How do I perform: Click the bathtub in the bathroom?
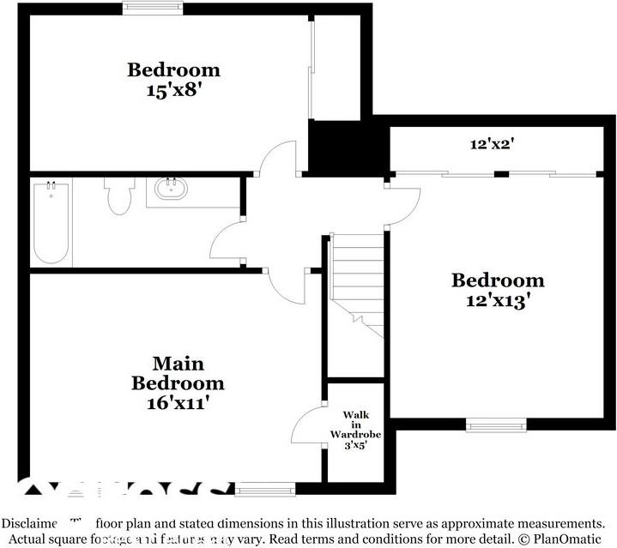tap(51, 223)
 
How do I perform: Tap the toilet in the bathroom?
tap(118, 196)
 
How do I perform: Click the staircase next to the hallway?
tap(354, 274)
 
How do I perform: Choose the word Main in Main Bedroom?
tap(178, 364)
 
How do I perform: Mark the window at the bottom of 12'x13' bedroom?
tap(495, 424)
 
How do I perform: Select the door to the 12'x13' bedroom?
tap(403, 204)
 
